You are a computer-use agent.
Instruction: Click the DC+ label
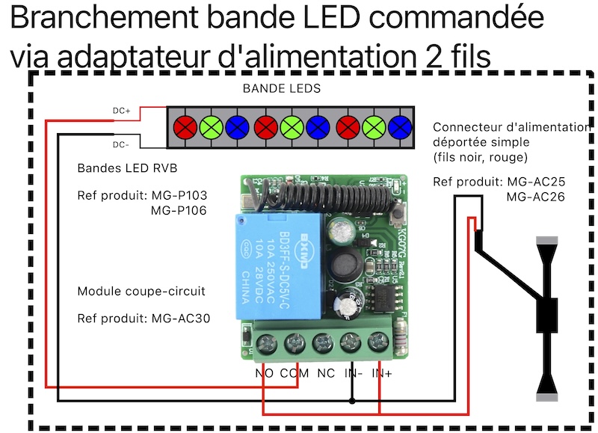tap(122, 111)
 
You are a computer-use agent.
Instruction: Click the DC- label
tap(122, 144)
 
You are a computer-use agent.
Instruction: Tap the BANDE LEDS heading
tap(282, 88)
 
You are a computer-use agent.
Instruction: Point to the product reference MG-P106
tap(179, 211)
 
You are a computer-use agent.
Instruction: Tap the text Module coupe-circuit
tap(141, 291)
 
